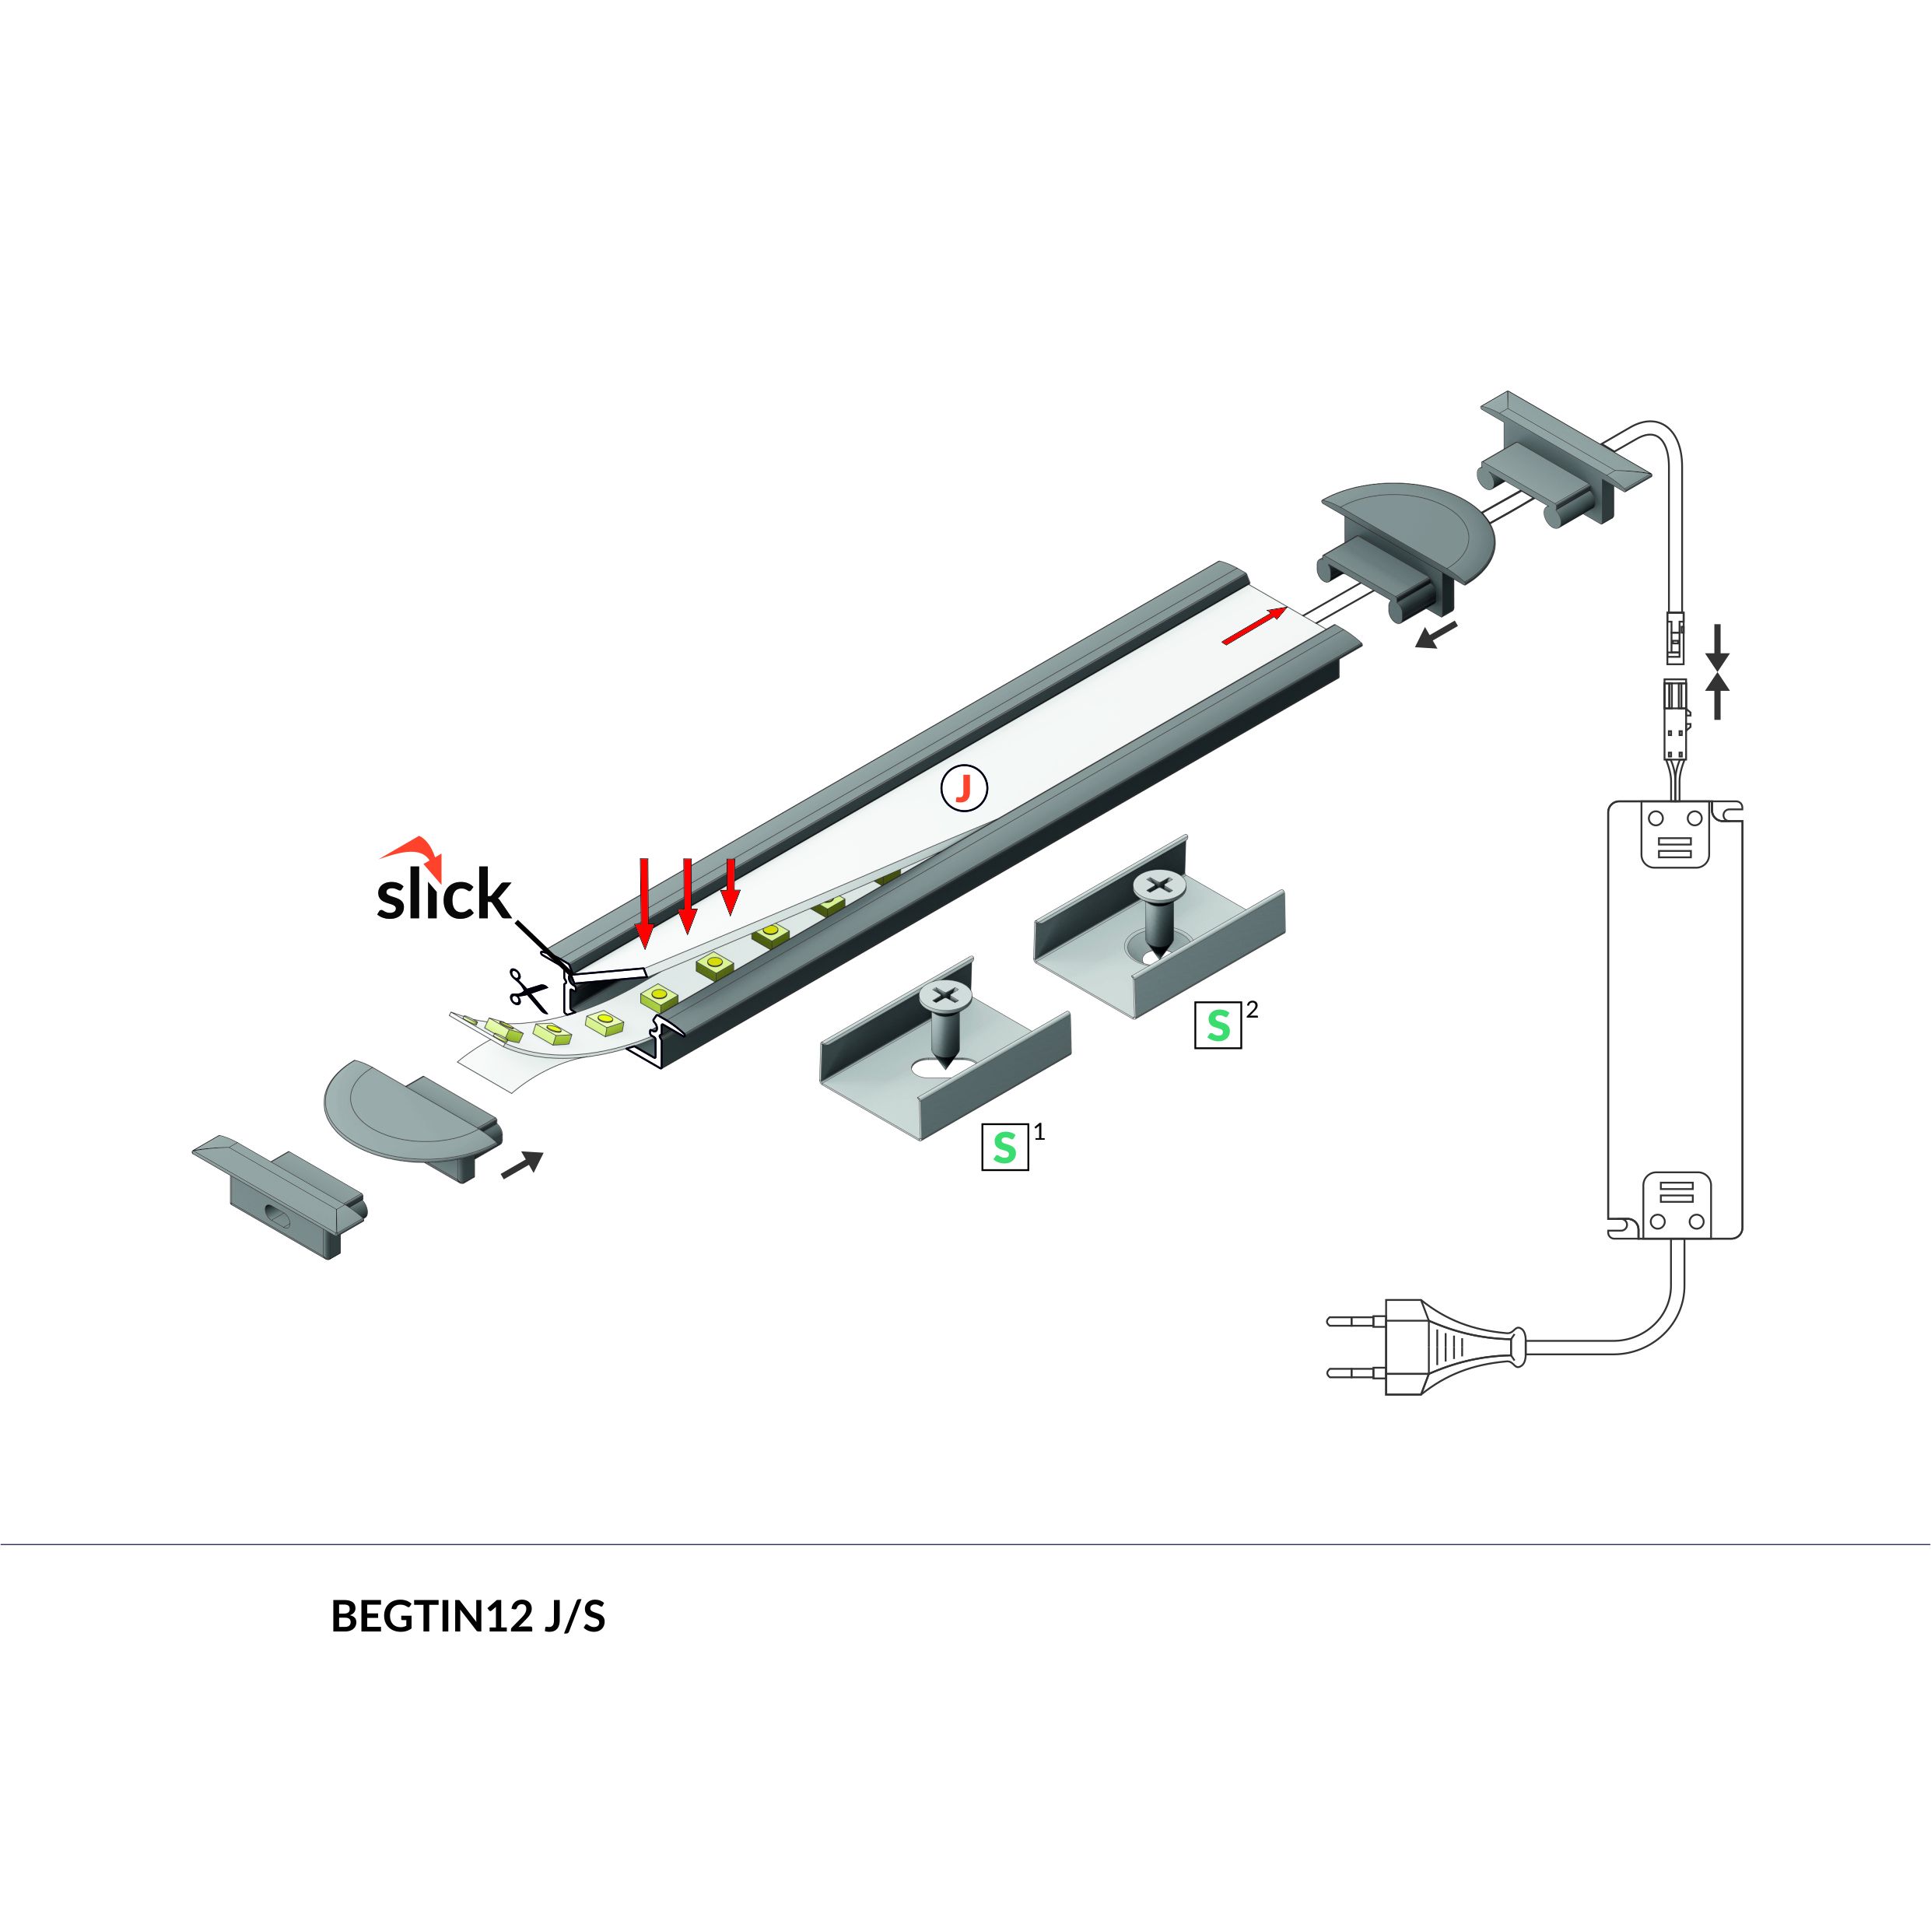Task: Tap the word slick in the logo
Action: click(443, 895)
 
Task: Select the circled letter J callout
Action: click(963, 789)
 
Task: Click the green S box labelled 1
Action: click(1004, 1148)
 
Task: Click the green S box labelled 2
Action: click(1218, 1025)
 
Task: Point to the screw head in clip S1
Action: click(944, 996)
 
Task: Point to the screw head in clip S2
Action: click(1158, 885)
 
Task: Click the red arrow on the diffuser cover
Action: click(1253, 626)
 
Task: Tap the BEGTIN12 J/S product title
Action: click(468, 1616)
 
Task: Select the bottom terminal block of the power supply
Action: click(1676, 1204)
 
